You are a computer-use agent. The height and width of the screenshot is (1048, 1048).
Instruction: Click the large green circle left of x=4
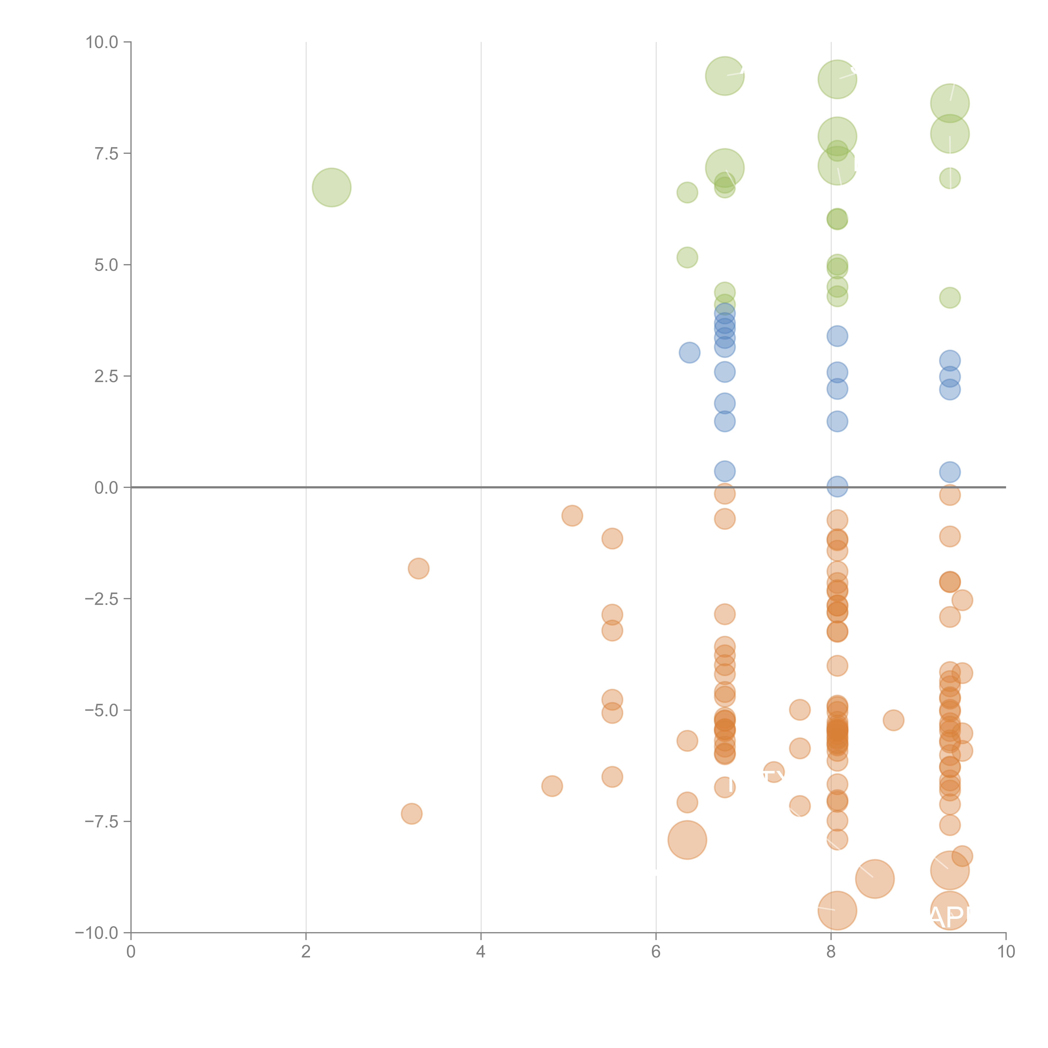(x=331, y=188)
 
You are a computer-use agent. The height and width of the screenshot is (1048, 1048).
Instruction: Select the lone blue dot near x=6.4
(x=689, y=353)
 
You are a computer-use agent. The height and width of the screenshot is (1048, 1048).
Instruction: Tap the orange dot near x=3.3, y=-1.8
(x=418, y=568)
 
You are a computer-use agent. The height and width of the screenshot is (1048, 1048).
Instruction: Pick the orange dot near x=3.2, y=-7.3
(x=412, y=814)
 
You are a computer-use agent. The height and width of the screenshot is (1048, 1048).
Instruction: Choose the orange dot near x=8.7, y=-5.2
(x=893, y=720)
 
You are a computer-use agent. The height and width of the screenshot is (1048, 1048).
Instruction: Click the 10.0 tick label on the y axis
(x=102, y=42)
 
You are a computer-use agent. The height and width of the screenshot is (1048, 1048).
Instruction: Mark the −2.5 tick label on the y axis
(x=102, y=599)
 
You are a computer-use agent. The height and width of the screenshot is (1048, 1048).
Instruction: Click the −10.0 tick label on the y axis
(x=98, y=933)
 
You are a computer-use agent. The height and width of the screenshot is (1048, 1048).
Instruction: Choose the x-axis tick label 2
(x=306, y=952)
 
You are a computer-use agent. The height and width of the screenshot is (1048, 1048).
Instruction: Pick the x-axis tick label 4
(x=481, y=952)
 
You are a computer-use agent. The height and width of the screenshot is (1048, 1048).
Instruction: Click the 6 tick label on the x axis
(x=656, y=952)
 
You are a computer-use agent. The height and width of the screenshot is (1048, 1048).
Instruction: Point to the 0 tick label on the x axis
(x=131, y=952)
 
